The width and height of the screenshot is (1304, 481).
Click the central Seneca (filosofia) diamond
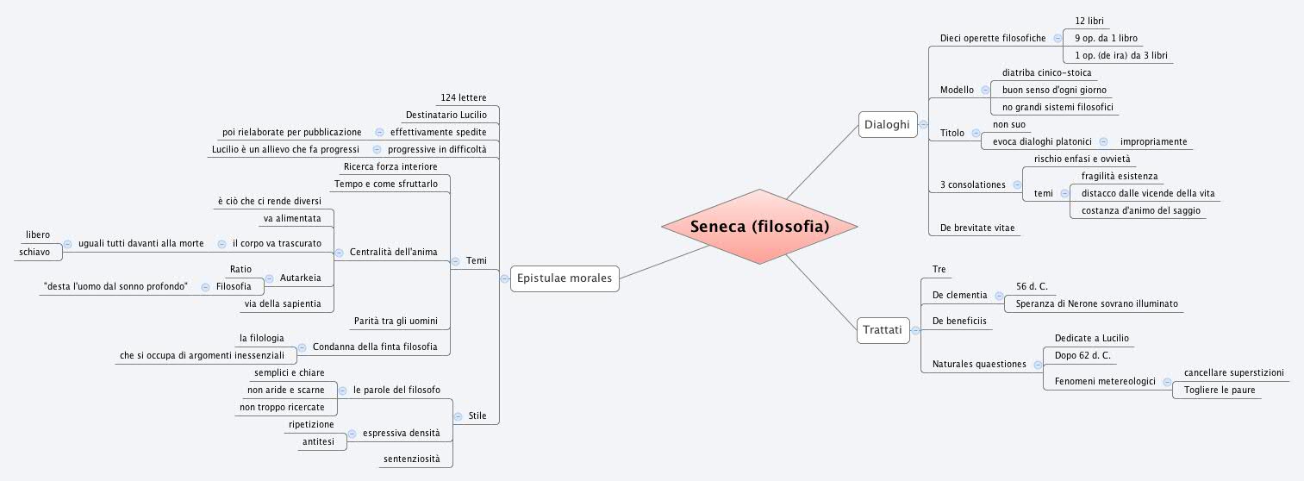(x=758, y=227)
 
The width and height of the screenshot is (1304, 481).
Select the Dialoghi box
(x=886, y=125)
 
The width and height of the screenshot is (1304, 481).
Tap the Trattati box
(x=882, y=329)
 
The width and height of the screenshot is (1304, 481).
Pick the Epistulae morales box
(x=564, y=278)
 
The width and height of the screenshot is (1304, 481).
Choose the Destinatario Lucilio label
(x=446, y=115)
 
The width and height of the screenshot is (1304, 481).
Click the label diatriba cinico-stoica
(x=1046, y=72)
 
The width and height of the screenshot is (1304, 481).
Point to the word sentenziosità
(x=411, y=459)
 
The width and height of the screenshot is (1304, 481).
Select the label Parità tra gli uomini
(x=396, y=321)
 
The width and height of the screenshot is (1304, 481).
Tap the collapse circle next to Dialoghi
(x=923, y=125)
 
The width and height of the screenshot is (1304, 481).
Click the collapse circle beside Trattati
(x=915, y=329)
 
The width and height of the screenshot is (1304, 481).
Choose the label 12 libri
(x=1089, y=20)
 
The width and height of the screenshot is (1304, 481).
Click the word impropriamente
(x=1153, y=141)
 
